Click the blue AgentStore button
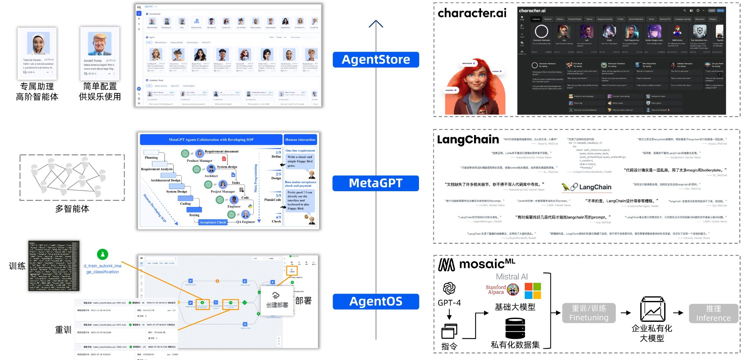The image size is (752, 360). pyautogui.click(x=376, y=59)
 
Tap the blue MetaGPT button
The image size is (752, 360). pyautogui.click(x=376, y=183)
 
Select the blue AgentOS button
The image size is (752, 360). pyautogui.click(x=376, y=301)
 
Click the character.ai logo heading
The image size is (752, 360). pyautogui.click(x=472, y=13)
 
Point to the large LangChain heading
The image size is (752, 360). pyautogui.click(x=468, y=140)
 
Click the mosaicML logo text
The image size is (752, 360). pyautogui.click(x=477, y=264)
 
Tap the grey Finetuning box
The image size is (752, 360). pyautogui.click(x=589, y=313)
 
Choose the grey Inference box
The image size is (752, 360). pyautogui.click(x=713, y=313)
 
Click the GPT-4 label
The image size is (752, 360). pyautogui.click(x=449, y=303)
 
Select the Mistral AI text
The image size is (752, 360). pyautogui.click(x=511, y=277)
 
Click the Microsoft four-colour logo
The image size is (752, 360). pyautogui.click(x=533, y=291)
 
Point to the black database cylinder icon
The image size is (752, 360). pyautogui.click(x=515, y=328)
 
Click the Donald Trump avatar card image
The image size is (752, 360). pyautogui.click(x=100, y=44)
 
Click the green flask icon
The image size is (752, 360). pyautogui.click(x=102, y=254)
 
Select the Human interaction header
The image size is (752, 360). pyautogui.click(x=300, y=139)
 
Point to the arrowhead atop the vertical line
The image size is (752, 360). pyautogui.click(x=376, y=24)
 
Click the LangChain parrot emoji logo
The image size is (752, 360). pyautogui.click(x=569, y=187)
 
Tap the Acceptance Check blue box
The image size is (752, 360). pyautogui.click(x=213, y=222)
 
